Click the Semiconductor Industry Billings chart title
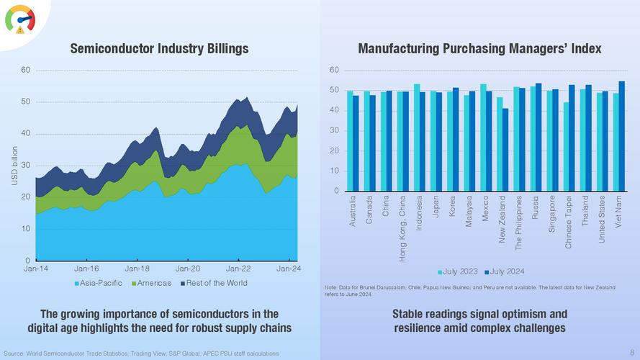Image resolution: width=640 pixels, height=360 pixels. (159, 49)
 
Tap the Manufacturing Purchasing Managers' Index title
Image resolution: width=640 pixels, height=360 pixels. (479, 49)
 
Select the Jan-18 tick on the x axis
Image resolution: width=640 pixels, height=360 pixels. (137, 268)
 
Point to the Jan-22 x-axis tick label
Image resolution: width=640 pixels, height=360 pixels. (238, 268)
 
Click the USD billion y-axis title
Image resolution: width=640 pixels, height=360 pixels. (14, 166)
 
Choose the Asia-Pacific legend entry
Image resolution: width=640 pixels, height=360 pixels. (101, 283)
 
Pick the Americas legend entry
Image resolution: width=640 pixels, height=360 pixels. (154, 283)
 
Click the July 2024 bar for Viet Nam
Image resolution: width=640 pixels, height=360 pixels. (622, 136)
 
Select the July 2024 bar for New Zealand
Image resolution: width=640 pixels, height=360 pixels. (506, 150)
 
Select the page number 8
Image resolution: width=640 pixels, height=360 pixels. (632, 352)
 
